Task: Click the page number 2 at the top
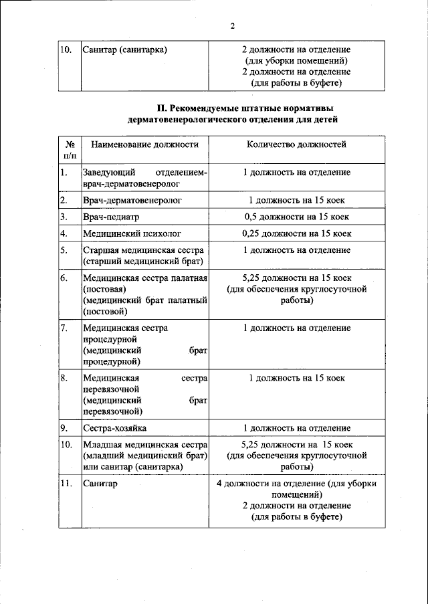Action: (x=232, y=26)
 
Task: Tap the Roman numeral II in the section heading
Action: (x=160, y=108)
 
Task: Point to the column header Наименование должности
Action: (x=145, y=144)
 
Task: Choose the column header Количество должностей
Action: (x=296, y=144)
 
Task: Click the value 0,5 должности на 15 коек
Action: (x=296, y=217)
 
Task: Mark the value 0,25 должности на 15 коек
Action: (x=296, y=233)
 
